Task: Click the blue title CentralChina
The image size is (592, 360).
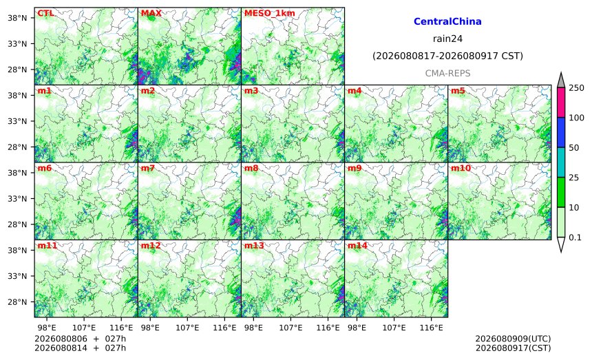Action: coord(447,21)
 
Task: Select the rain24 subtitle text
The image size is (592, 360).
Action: coord(447,39)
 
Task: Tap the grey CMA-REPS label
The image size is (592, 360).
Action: coord(447,73)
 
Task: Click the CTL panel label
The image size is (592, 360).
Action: coord(45,13)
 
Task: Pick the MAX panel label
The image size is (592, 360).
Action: coord(151,13)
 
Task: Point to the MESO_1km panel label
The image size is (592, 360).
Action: coord(270,13)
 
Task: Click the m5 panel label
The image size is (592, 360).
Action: coord(458,91)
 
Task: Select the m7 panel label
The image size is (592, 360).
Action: coord(148,168)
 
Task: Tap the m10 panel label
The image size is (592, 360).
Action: coord(461,168)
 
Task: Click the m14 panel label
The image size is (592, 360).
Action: coord(357,246)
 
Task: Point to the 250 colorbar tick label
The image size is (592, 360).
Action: coord(577,88)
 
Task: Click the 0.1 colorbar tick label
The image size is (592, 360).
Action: coord(575,237)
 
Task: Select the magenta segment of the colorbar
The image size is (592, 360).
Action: coord(561,103)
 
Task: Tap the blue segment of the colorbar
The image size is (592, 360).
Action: coord(561,132)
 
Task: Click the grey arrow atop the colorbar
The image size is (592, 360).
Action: coord(561,81)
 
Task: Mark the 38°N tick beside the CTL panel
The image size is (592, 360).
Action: coord(17,18)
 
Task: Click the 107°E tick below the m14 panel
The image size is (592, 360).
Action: coord(394,328)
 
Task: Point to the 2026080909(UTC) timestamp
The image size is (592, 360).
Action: coord(513,339)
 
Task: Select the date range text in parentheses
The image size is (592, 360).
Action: coord(447,56)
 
